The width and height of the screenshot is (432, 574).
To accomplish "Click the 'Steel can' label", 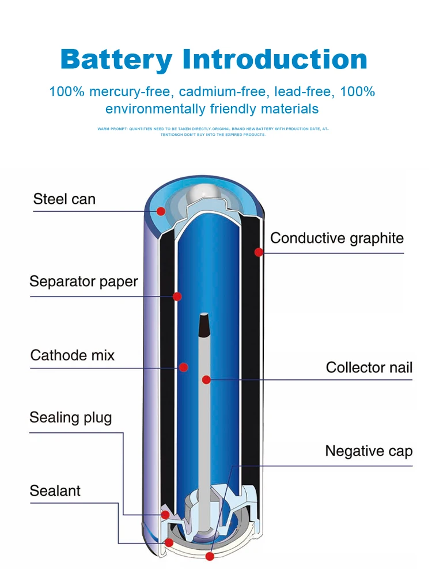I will [x=64, y=200].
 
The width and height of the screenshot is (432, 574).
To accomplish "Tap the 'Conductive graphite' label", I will [x=337, y=238].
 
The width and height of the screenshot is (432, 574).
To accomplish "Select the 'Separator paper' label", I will [x=84, y=282].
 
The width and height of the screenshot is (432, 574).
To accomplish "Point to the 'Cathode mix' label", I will [x=72, y=355].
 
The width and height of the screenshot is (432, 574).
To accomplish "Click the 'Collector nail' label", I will [x=369, y=367].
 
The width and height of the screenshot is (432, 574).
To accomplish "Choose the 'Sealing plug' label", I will [x=70, y=417].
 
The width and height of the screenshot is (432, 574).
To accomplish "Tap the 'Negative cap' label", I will [x=369, y=451].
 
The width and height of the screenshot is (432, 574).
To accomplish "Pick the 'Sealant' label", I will [x=55, y=491].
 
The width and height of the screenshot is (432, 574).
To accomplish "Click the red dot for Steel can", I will [x=161, y=211].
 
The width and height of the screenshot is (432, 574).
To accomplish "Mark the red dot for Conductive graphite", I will [x=259, y=252].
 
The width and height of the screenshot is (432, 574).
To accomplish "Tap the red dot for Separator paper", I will [x=177, y=296].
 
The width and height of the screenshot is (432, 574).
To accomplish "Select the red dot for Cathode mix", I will [x=184, y=367].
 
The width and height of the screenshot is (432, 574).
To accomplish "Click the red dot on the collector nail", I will [x=206, y=379].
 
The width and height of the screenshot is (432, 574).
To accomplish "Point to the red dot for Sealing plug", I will [x=165, y=514].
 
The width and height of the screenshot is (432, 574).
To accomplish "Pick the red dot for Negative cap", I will [x=210, y=556].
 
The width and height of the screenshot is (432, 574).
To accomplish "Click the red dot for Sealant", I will [x=168, y=542].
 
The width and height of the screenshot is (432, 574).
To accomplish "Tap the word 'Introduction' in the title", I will [x=275, y=59].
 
